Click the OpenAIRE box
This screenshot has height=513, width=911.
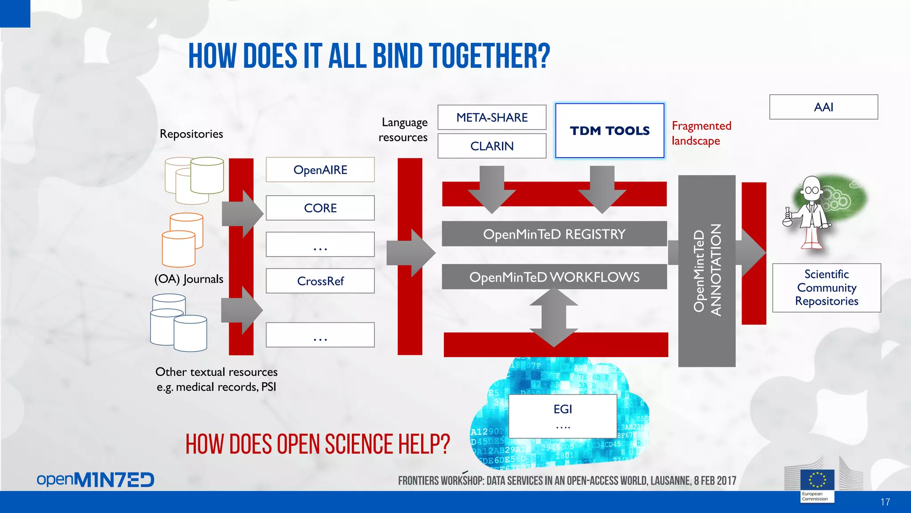click(320, 170)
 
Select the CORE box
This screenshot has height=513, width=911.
click(320, 208)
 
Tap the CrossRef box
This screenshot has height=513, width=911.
click(320, 281)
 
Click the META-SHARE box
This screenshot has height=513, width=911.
click(492, 118)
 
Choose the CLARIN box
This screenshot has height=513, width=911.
click(492, 146)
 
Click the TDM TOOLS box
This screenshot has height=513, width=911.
click(610, 131)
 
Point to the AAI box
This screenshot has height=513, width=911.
click(823, 107)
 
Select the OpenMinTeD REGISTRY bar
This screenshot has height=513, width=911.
click(554, 234)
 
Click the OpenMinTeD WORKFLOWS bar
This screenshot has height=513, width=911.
click(554, 277)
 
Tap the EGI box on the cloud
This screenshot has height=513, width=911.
click(563, 416)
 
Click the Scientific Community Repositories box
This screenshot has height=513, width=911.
click(826, 288)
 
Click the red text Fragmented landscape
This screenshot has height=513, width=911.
click(701, 133)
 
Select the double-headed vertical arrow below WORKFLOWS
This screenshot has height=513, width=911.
click(554, 317)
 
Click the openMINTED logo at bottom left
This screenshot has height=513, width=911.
click(95, 480)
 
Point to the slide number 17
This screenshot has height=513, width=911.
click(885, 502)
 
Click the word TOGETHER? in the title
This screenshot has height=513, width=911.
click(490, 57)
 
